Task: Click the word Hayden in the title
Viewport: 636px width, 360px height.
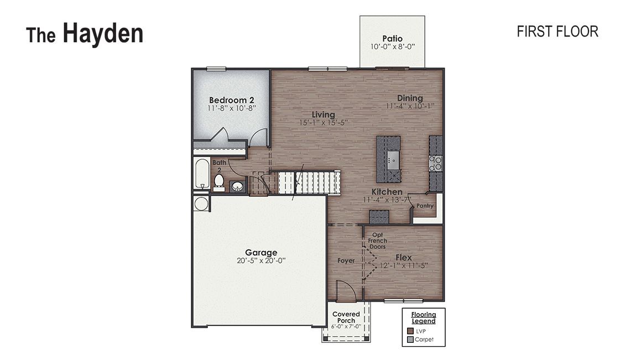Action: click(103, 34)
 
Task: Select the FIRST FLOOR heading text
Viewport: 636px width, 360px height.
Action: click(557, 32)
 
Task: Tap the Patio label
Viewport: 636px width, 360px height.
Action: click(392, 39)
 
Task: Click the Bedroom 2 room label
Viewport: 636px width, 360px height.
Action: click(232, 100)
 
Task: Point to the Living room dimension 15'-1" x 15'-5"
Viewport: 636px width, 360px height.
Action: click(324, 123)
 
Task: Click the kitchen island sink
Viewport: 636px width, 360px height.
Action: click(393, 160)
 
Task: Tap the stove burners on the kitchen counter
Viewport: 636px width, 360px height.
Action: click(436, 163)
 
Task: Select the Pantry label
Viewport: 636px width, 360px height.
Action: click(425, 206)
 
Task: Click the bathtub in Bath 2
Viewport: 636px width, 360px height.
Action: click(201, 174)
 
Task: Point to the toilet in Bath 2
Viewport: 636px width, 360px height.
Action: click(219, 181)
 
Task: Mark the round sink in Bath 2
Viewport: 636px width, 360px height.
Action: click(237, 186)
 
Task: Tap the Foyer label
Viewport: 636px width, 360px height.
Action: click(346, 260)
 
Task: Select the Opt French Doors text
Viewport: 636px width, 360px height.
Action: click(378, 241)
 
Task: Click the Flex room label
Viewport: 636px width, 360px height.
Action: click(404, 257)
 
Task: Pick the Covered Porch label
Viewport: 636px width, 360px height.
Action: click(346, 317)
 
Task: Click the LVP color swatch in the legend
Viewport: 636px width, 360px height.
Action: click(410, 331)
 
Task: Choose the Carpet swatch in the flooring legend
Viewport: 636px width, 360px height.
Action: click(410, 339)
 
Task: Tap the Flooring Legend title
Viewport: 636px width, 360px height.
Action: click(423, 318)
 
